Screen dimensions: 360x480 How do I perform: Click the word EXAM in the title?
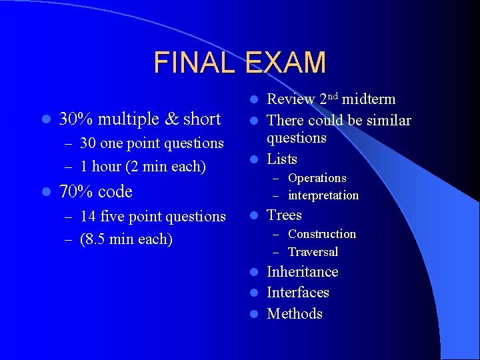[x=285, y=63]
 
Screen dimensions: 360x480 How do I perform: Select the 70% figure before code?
[x=76, y=192]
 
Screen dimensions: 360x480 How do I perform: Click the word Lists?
[x=282, y=159]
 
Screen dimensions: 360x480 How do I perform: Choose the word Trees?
[x=284, y=215]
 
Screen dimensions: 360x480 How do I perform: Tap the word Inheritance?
[x=302, y=272]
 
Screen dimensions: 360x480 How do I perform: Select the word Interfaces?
[x=297, y=293]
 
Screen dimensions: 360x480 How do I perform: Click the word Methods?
[x=294, y=314]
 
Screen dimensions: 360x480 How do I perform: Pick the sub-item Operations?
[x=317, y=179]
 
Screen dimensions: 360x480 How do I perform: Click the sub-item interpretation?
[x=323, y=196]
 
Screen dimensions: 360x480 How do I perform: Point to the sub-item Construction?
[x=321, y=234]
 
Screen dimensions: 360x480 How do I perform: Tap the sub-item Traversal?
[x=313, y=252]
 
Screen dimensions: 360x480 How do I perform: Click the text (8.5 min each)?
[x=126, y=239]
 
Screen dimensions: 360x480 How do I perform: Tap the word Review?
[x=291, y=99]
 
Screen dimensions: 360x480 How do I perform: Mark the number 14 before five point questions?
[x=87, y=217]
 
